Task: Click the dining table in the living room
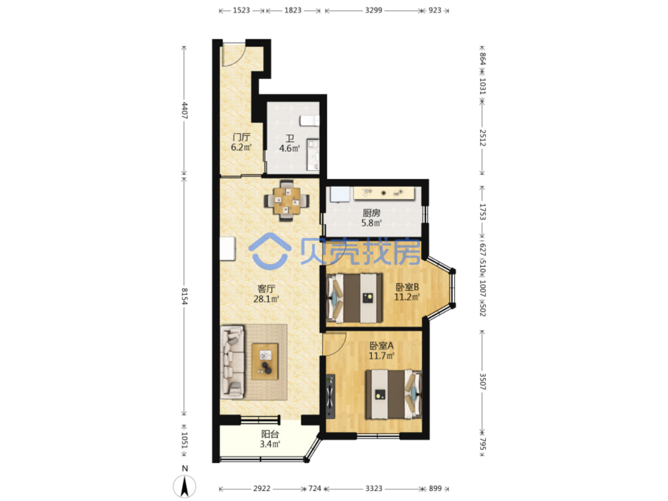pos(286,201)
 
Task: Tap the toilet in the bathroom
pos(309,120)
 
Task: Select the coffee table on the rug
pos(265,361)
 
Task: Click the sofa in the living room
pos(232,362)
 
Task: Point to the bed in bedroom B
pos(354,298)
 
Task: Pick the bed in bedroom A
pos(394,394)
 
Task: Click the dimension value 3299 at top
pos(373,10)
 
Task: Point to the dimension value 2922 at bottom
pos(262,488)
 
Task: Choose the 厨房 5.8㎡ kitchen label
pos(371,218)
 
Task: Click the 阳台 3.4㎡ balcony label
pos(270,439)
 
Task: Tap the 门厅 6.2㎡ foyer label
pos(241,143)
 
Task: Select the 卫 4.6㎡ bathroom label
pos(289,144)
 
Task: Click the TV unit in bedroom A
pos(330,397)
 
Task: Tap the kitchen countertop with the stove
pos(384,193)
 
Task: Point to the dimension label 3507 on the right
pos(483,381)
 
